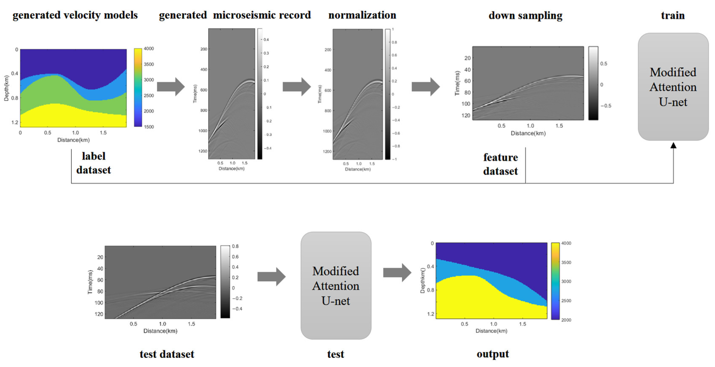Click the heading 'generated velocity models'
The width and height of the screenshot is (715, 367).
pos(75,15)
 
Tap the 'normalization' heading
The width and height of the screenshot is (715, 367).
pos(362,15)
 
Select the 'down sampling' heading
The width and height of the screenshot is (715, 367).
pos(525,16)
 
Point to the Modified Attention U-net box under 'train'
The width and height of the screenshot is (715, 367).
pos(673,87)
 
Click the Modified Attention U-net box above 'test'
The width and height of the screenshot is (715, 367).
pos(336,286)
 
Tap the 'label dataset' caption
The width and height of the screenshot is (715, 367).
pos(93,163)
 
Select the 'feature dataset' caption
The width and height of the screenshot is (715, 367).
pos(500,164)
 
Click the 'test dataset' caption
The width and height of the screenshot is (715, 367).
pos(167,354)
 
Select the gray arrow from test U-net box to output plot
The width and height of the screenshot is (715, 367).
pos(397,273)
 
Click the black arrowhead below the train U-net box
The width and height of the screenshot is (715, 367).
pos(673,145)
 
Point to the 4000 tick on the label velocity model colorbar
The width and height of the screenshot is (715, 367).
pos(149,49)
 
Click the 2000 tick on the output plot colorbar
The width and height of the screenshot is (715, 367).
pos(566,320)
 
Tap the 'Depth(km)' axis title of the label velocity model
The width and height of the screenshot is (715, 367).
pos(6,88)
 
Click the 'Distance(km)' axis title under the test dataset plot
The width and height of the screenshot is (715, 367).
pos(160,331)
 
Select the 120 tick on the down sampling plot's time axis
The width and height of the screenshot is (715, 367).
pos(466,115)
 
